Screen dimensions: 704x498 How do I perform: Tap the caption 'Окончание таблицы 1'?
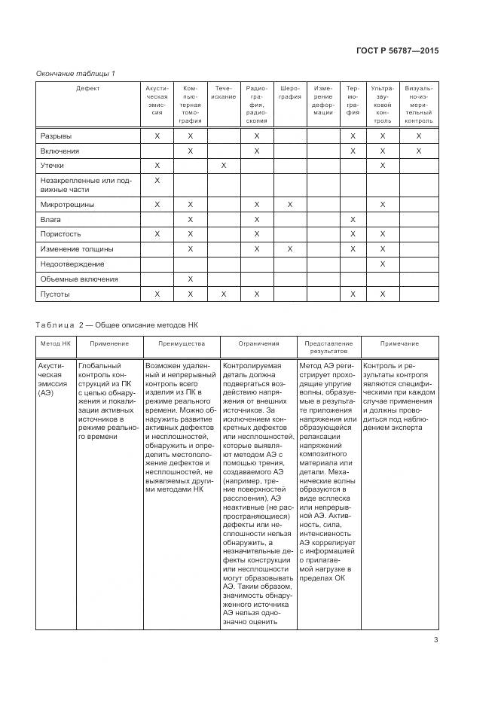click(x=75, y=73)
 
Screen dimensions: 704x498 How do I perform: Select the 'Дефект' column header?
click(x=87, y=88)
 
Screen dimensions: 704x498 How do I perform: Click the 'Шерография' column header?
click(x=290, y=93)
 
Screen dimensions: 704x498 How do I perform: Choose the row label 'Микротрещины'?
click(x=67, y=204)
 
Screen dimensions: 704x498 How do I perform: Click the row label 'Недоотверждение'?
click(x=72, y=264)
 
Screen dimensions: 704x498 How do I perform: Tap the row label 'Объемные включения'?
click(x=78, y=279)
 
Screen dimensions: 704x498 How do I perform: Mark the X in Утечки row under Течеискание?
click(x=224, y=165)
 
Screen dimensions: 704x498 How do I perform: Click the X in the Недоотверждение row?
click(x=383, y=264)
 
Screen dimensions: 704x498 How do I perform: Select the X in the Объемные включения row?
click(x=191, y=279)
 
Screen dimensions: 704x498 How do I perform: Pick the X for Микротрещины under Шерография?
click(x=290, y=204)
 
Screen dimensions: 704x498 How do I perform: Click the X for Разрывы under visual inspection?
click(x=419, y=136)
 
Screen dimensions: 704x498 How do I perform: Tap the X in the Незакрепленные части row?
click(x=157, y=181)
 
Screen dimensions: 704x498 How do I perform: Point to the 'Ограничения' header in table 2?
click(x=258, y=343)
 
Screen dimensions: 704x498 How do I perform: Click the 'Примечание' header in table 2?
click(x=399, y=343)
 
